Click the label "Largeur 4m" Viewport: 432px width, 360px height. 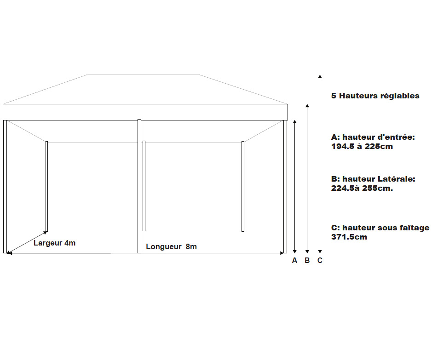point(55,243)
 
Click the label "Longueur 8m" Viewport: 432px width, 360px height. point(171,246)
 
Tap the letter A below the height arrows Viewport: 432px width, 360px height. point(294,260)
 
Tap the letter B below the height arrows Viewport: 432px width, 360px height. point(307,260)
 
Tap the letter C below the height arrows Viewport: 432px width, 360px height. point(320,260)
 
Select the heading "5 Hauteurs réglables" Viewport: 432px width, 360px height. point(375,96)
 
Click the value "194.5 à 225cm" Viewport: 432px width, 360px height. point(362,146)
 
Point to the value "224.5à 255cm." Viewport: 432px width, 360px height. point(362,188)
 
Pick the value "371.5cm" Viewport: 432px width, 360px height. point(349,237)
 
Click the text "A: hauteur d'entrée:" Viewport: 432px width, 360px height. point(373,137)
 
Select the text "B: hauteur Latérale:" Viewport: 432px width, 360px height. point(373,179)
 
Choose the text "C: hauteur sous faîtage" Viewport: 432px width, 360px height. point(380,228)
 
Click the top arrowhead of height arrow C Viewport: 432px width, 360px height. point(320,76)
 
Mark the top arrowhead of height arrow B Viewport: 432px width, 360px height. point(307,106)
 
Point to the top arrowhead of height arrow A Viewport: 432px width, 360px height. point(295,122)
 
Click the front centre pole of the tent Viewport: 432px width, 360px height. point(139,186)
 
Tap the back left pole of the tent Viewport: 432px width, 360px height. point(46,186)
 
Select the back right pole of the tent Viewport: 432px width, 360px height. point(243,186)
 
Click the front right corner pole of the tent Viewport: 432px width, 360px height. point(285,187)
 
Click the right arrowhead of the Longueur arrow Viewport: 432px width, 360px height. point(282,253)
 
